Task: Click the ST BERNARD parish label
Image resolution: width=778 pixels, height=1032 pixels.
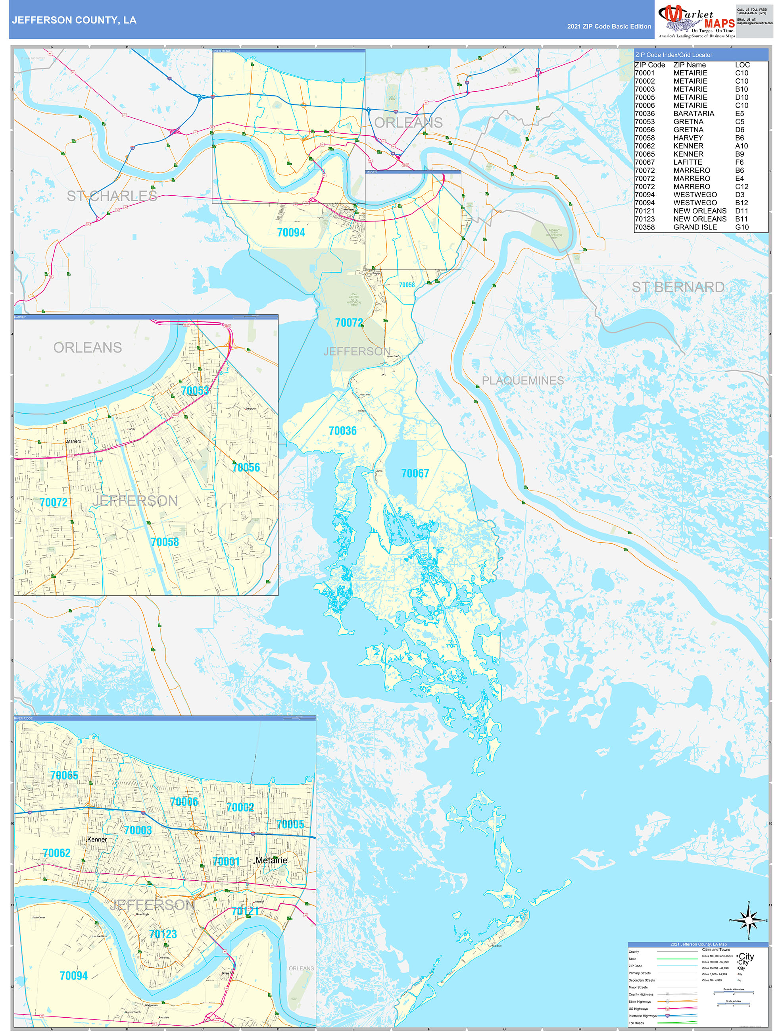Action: (678, 287)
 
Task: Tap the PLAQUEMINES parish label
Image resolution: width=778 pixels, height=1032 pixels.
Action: (523, 381)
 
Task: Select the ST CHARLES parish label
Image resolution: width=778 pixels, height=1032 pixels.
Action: (111, 196)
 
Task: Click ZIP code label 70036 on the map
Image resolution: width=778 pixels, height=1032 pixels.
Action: (342, 431)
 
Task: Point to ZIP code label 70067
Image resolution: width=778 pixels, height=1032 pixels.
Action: (415, 474)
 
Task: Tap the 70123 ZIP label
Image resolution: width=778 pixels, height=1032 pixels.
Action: (163, 934)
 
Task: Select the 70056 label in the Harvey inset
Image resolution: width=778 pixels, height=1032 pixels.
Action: (246, 468)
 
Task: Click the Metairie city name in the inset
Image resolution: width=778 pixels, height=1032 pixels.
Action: (271, 860)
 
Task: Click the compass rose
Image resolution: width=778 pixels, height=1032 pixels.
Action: (748, 920)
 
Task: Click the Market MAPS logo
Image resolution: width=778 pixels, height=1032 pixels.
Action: (696, 21)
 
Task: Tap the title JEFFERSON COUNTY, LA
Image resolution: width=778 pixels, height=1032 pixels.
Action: (74, 20)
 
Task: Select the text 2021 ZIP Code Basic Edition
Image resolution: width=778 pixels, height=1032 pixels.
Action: (609, 27)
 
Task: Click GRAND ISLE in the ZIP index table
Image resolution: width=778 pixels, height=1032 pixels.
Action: (695, 227)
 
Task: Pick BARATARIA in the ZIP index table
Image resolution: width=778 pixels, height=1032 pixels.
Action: (693, 114)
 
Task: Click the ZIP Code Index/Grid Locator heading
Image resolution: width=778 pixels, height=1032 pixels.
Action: (674, 55)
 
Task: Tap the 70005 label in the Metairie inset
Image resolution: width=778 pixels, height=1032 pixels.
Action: (290, 824)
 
